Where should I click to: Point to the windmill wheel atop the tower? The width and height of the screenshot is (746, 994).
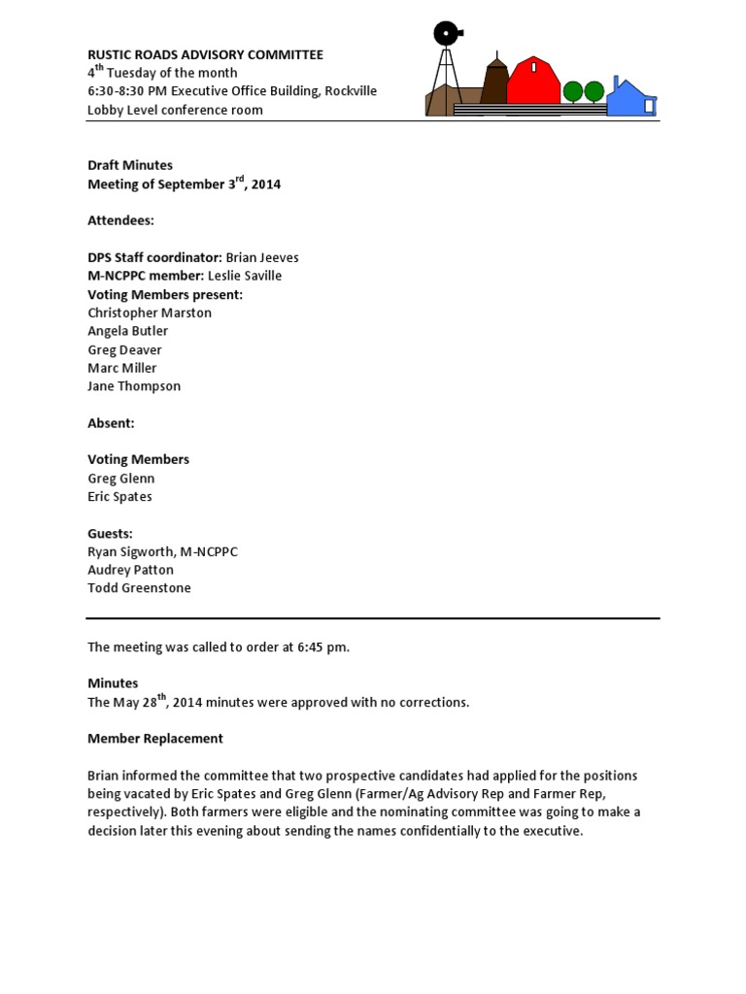click(446, 34)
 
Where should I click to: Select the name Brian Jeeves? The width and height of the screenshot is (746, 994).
click(262, 257)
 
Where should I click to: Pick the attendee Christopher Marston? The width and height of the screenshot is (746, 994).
click(150, 313)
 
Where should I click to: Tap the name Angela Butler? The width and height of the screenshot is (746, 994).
click(128, 331)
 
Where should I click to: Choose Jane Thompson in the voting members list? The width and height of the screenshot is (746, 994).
click(134, 385)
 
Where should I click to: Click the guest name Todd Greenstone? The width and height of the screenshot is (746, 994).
click(139, 587)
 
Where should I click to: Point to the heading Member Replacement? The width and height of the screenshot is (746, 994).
click(155, 739)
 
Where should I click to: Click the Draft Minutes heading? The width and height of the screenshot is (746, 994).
click(130, 165)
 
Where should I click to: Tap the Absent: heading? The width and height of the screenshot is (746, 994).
click(111, 423)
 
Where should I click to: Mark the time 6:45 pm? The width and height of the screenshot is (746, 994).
click(316, 646)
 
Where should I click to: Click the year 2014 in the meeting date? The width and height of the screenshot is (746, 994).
click(265, 184)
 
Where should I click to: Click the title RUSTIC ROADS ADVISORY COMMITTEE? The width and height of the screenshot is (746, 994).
click(206, 55)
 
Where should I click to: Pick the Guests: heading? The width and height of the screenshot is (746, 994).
click(110, 534)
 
